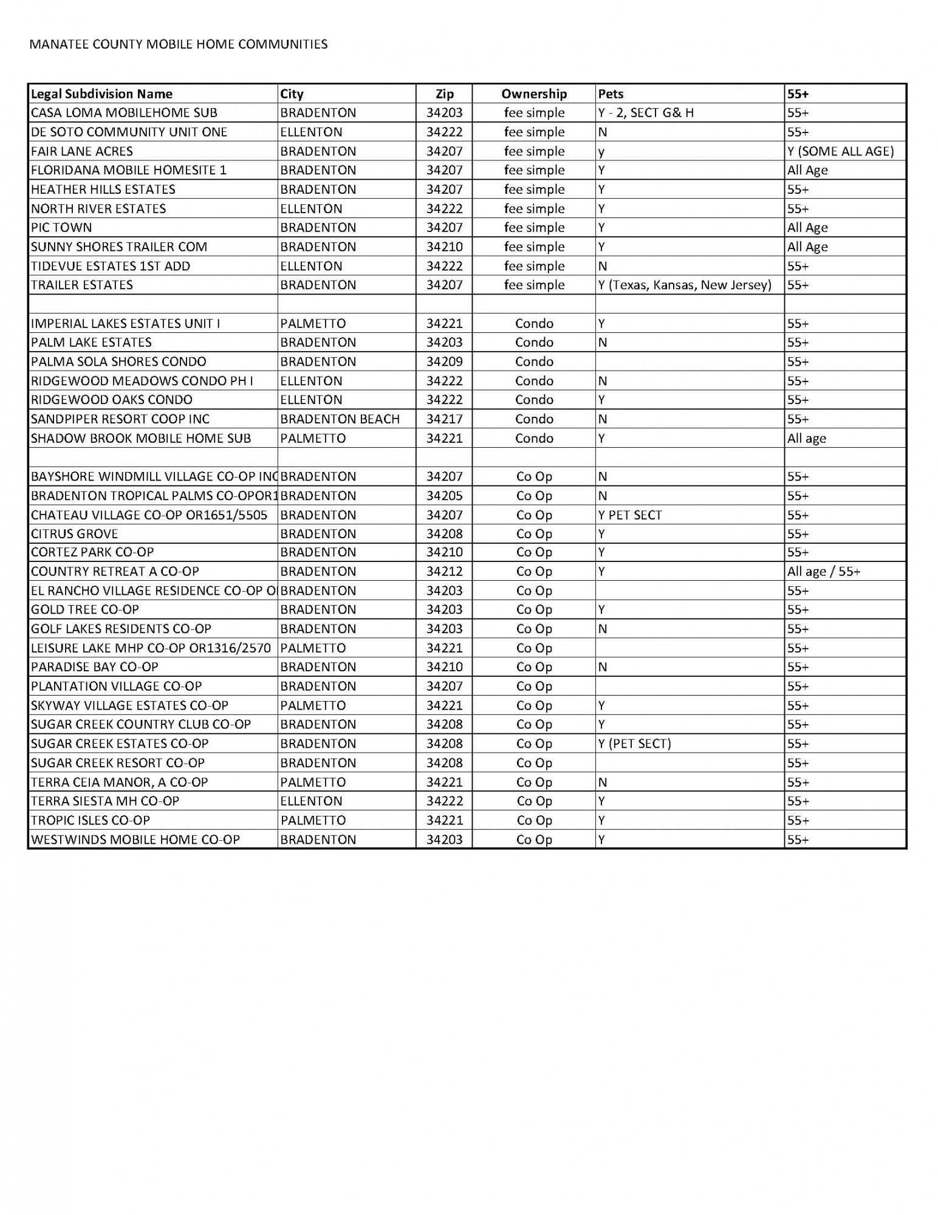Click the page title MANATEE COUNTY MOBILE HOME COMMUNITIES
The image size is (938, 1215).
(x=179, y=44)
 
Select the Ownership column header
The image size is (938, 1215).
(x=533, y=94)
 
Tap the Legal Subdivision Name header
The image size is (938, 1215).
(x=101, y=94)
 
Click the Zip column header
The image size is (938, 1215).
(x=444, y=94)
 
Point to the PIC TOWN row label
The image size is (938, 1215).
(x=61, y=228)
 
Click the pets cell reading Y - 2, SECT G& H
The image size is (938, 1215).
(x=646, y=113)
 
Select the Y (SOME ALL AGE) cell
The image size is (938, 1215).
(x=840, y=151)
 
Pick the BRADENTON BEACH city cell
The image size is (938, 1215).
(x=340, y=419)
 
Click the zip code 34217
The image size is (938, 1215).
(x=444, y=419)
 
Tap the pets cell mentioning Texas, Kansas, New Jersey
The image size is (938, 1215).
(x=685, y=285)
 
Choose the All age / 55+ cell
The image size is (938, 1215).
(x=824, y=572)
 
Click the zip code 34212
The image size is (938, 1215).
(x=444, y=572)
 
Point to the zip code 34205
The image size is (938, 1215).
(x=444, y=496)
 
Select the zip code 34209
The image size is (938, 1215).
(x=444, y=362)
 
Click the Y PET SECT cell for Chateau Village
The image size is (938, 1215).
(x=630, y=515)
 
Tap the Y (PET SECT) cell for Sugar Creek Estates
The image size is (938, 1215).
(x=634, y=744)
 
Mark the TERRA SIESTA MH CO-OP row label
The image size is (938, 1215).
(x=105, y=801)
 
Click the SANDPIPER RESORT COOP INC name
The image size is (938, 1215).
(x=120, y=419)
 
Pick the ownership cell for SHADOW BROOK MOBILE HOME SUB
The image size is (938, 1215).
(x=533, y=439)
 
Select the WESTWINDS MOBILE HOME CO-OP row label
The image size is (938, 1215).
(x=135, y=840)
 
